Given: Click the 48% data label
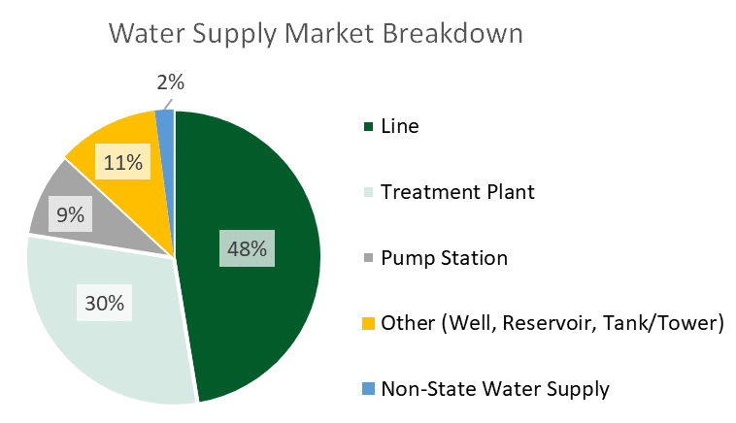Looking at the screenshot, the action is [247, 248].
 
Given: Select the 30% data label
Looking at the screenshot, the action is [104, 303].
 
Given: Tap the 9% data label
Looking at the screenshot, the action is [71, 215].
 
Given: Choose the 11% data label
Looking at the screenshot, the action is [123, 162].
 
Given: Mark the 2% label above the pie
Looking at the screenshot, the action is [170, 82].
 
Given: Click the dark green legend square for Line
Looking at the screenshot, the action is [368, 127].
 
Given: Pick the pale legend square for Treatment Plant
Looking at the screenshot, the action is [368, 192].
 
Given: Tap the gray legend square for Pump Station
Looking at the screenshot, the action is [368, 258].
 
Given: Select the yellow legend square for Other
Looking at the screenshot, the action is [368, 324].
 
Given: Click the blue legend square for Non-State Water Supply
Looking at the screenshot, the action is [368, 389].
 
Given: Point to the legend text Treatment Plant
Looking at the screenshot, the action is [457, 192].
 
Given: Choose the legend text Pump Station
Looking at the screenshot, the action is [444, 258].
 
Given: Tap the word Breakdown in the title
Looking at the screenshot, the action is [452, 33].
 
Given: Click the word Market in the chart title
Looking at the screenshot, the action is [329, 33].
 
